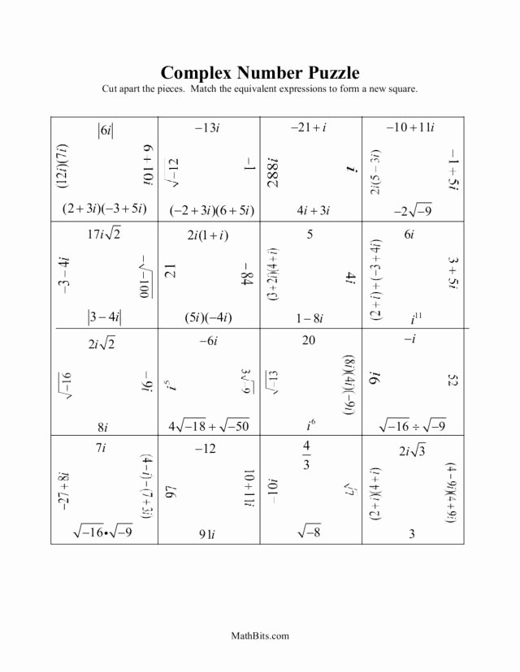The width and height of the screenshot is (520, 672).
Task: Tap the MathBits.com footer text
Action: [x=260, y=636]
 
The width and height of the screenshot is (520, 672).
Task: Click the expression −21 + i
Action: [x=310, y=127]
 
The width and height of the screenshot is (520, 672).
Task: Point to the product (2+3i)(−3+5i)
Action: [x=104, y=209]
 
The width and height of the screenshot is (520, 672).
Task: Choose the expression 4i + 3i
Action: [x=313, y=209]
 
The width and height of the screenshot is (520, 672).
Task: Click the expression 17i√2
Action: [x=103, y=235]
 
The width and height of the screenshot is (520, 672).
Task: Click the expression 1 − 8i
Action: [x=310, y=316]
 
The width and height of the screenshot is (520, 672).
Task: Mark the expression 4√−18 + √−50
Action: [x=209, y=425]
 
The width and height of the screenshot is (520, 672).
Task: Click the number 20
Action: [x=309, y=341]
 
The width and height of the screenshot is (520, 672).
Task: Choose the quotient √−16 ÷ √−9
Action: [x=412, y=425]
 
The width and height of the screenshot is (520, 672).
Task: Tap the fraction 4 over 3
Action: [x=306, y=455]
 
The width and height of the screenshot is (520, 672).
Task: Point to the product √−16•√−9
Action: [x=103, y=532]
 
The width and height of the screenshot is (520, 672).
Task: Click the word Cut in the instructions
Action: [x=112, y=88]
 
